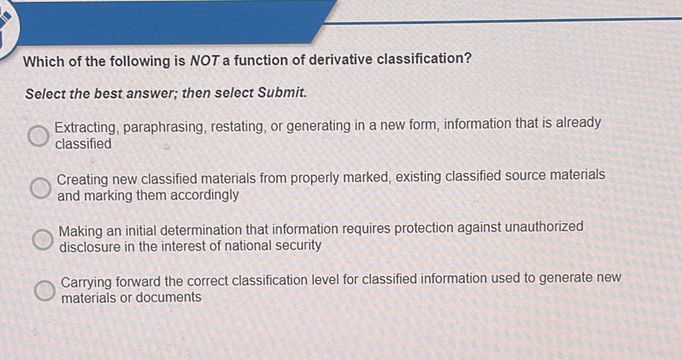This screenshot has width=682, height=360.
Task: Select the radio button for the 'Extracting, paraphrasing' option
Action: [37, 136]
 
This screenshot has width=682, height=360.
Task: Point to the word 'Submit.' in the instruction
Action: [282, 93]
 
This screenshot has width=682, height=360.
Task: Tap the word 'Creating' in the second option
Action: [84, 177]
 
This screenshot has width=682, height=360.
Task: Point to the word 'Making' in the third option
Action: [81, 229]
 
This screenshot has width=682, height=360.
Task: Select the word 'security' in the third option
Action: [297, 245]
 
